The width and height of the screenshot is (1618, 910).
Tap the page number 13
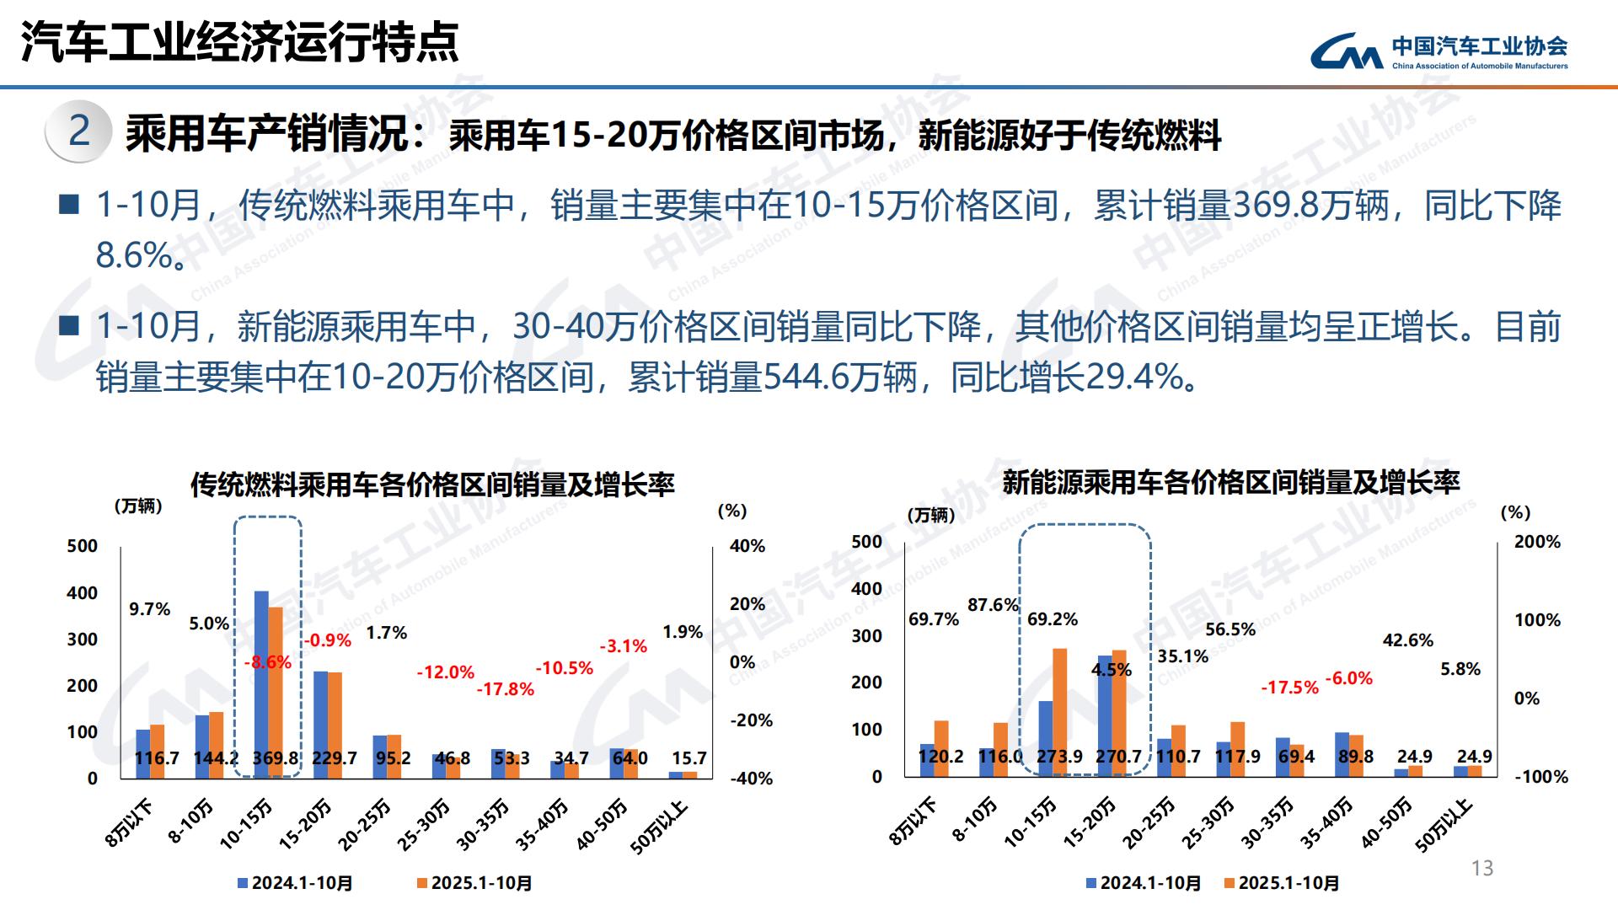[x=1481, y=868]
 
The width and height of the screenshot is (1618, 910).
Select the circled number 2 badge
[x=79, y=131]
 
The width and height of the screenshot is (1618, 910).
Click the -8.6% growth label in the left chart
[x=268, y=662]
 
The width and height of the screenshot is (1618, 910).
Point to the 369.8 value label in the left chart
[x=276, y=758]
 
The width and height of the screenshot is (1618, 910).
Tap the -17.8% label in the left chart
[x=506, y=689]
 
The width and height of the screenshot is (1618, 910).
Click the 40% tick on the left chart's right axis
[x=747, y=546]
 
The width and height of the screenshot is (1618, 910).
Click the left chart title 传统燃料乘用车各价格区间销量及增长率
[x=432, y=484]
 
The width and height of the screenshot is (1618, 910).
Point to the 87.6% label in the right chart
[x=994, y=605]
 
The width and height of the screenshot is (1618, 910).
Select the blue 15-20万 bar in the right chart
[x=1104, y=712]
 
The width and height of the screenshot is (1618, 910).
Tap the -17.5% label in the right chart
[x=1289, y=688]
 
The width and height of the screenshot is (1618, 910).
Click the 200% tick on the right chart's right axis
[x=1537, y=542]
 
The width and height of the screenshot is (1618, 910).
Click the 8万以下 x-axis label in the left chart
[x=129, y=823]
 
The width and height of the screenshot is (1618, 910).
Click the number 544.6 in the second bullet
[x=804, y=377]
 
